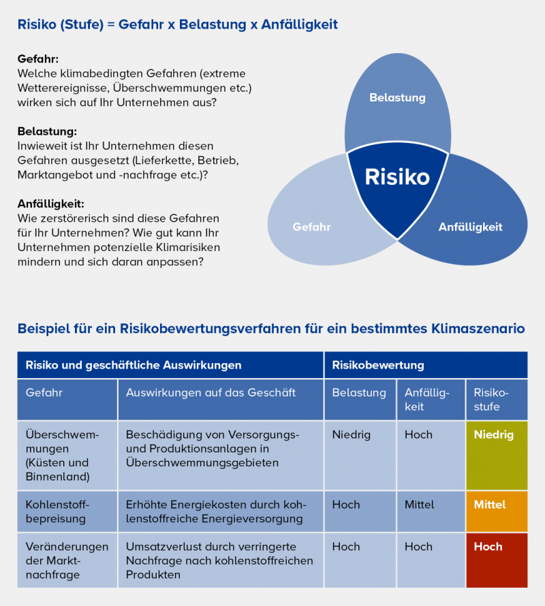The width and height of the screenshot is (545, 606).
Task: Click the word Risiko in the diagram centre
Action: (x=397, y=177)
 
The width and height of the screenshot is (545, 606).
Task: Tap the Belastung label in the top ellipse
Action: (x=397, y=98)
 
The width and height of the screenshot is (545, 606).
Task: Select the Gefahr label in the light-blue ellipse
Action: (x=311, y=227)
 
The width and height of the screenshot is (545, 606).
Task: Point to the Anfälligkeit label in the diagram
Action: (x=470, y=227)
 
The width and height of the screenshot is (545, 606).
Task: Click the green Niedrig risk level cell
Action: (x=497, y=454)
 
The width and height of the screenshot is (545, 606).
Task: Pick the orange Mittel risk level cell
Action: (x=497, y=511)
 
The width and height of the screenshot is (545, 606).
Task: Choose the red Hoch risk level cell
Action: (x=497, y=560)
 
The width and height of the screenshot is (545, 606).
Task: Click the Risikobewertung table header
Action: (x=377, y=365)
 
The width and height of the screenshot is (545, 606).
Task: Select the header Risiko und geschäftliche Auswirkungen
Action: (x=134, y=365)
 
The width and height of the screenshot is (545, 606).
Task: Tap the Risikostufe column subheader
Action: (x=490, y=400)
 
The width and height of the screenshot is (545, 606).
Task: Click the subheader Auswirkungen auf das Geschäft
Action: (x=211, y=393)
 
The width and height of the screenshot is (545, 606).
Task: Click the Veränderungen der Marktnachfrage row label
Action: (x=66, y=560)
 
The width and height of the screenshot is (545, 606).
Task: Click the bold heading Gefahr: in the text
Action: (x=37, y=59)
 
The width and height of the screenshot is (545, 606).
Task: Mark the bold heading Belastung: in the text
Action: (x=47, y=131)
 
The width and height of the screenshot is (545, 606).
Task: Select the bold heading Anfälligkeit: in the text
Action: (x=50, y=203)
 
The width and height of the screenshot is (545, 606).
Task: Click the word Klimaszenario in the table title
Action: (x=478, y=329)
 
